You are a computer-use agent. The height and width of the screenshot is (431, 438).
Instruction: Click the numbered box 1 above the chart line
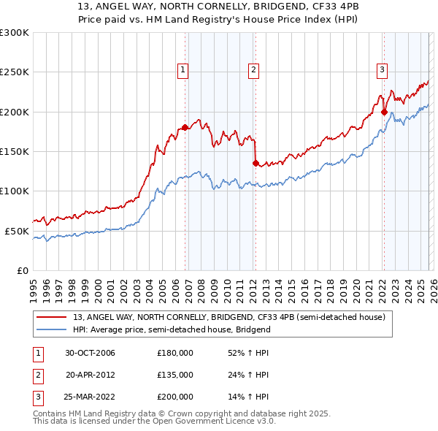[182, 70]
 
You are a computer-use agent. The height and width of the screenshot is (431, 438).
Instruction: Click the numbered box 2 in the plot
[253, 70]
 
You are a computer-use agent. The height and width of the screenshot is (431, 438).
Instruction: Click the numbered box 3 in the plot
[382, 70]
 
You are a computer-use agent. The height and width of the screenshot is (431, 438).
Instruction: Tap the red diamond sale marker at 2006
[185, 127]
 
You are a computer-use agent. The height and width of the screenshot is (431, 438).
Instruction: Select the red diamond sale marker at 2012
[255, 163]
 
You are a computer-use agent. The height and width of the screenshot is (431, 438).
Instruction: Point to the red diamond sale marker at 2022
[384, 112]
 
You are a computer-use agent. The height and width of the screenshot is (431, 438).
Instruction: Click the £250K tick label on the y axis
[15, 72]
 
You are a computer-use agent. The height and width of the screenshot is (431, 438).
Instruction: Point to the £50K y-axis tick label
[17, 231]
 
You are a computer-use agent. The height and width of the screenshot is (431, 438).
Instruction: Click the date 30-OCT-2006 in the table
[90, 353]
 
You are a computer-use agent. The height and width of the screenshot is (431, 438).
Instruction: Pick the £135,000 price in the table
[175, 375]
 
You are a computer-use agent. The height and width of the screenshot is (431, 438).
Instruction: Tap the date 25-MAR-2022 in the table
[90, 397]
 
